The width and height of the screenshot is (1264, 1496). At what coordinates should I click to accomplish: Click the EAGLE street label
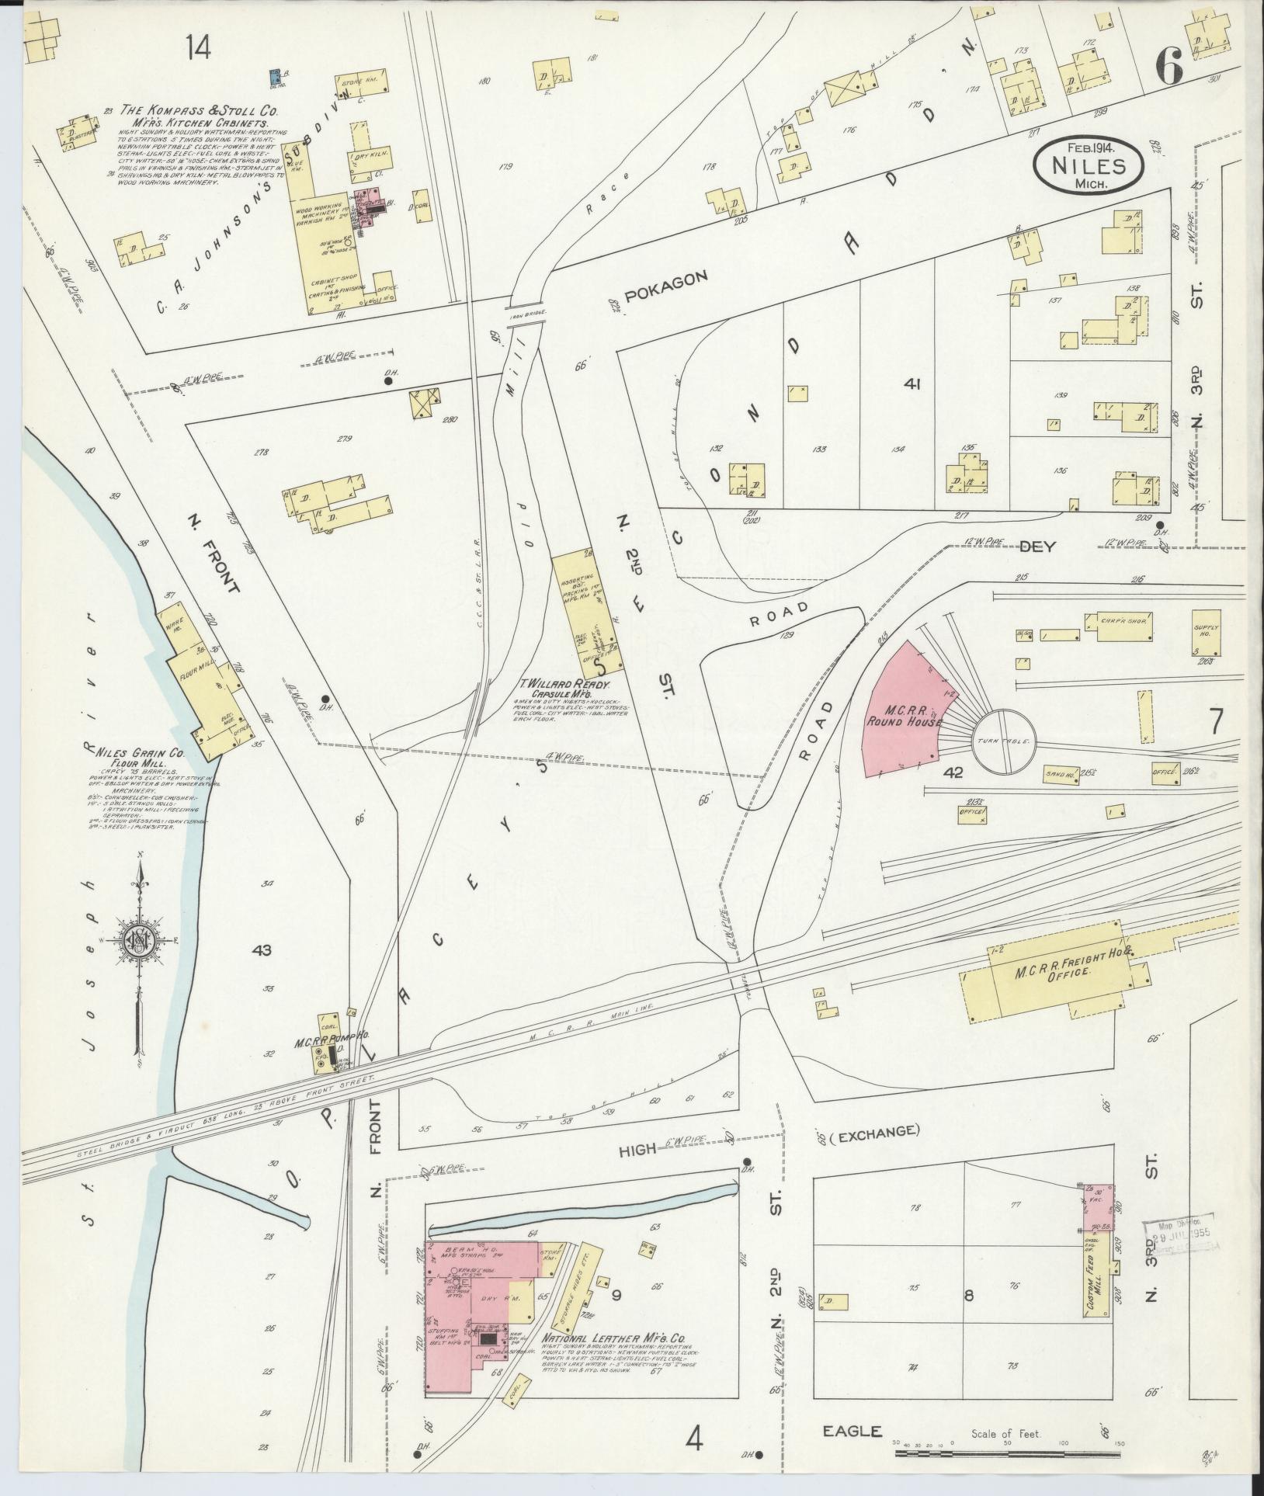(853, 1431)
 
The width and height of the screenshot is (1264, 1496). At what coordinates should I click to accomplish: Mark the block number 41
(912, 384)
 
